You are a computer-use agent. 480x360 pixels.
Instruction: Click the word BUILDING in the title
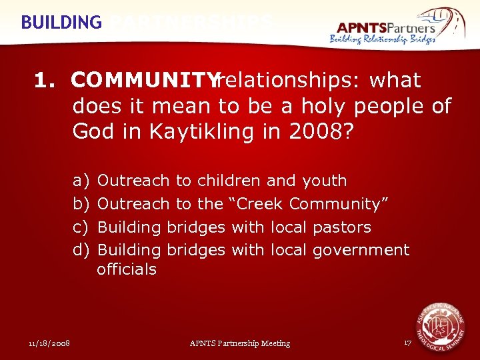[x=61, y=22]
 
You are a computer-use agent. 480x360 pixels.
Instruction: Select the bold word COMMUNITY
[x=145, y=81]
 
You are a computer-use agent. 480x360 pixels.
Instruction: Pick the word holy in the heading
[x=325, y=106]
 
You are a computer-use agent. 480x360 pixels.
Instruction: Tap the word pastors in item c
[x=341, y=227]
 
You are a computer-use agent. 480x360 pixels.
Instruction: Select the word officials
[x=127, y=269]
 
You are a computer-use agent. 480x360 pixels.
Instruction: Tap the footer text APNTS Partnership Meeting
[x=240, y=343]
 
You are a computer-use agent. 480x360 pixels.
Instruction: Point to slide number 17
[x=408, y=343]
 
